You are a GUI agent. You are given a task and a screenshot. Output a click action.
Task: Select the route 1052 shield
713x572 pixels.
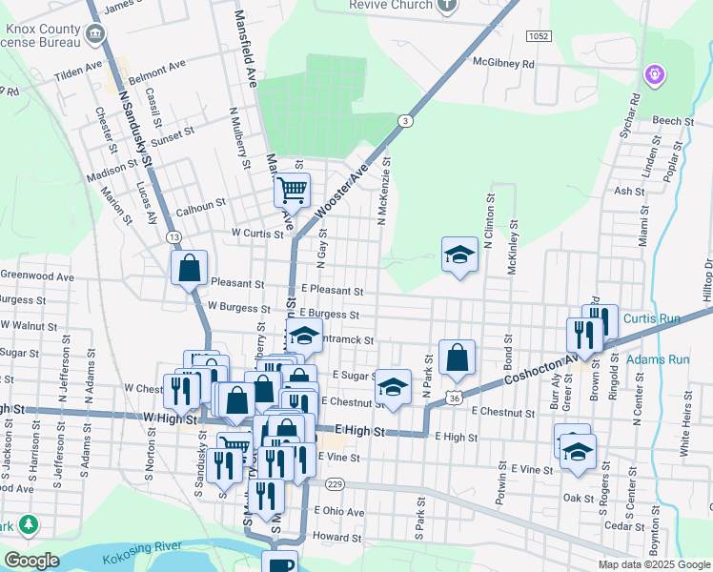click(x=538, y=35)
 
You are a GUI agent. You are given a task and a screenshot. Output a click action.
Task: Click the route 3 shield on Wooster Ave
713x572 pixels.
click(x=406, y=121)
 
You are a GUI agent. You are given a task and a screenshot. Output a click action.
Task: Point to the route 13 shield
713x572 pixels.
click(x=173, y=235)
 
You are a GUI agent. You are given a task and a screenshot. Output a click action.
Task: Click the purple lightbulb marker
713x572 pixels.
click(x=654, y=73)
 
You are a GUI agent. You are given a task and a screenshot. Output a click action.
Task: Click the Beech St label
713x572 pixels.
click(x=673, y=121)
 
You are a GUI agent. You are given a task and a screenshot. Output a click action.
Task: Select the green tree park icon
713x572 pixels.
click(x=30, y=523)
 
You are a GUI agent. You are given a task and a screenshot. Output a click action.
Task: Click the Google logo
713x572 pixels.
click(x=31, y=561)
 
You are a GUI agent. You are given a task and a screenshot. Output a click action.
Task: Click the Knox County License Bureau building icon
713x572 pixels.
click(x=95, y=35)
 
